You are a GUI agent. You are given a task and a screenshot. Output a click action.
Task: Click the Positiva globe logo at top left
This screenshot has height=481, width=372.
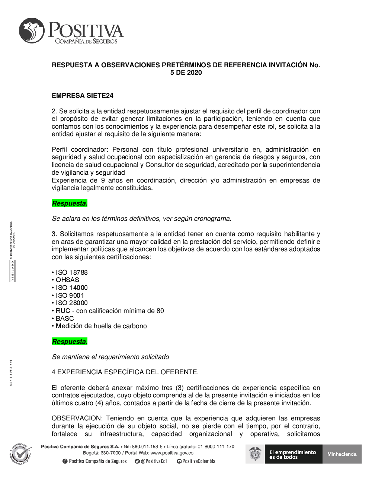coord(32,31)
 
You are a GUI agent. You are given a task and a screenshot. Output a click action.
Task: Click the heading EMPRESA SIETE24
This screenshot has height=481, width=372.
coord(83,96)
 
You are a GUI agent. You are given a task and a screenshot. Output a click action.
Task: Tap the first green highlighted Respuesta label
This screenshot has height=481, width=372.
coord(70,203)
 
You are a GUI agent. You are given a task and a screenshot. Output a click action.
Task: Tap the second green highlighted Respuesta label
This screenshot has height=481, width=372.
coord(70,342)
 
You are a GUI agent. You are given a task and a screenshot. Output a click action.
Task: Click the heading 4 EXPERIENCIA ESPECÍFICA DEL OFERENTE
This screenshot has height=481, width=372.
coord(125,372)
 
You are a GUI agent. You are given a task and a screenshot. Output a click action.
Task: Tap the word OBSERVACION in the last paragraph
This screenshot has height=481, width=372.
coord(76,418)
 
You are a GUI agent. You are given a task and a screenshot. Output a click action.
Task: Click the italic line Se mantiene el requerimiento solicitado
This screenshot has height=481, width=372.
coord(110,357)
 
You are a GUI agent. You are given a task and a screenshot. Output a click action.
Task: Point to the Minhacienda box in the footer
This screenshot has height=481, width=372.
coord(342,454)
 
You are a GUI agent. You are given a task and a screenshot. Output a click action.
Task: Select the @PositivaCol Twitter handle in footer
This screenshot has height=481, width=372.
coord(151,461)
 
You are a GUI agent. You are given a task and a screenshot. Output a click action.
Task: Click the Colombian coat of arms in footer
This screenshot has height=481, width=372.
coord(256,454)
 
